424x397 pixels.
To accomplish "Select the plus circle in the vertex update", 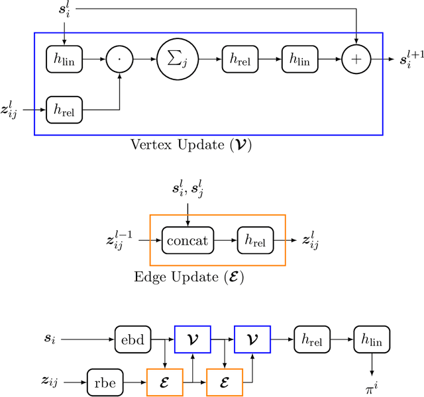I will pos(357,60).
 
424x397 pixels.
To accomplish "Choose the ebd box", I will pos(133,339).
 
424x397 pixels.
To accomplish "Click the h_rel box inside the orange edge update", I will pos(254,241).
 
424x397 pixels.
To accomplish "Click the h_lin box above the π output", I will pos(372,339).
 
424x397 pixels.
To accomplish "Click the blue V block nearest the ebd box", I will pos(191,339).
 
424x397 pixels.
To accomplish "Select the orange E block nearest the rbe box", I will pos(164,382).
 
